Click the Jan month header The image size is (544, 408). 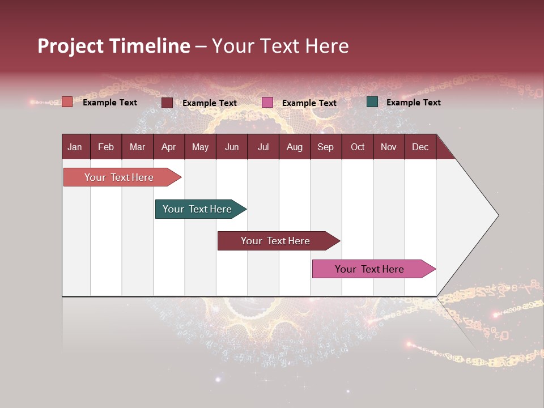coord(75,147)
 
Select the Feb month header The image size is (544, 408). coord(106,147)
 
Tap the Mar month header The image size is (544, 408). coord(137,147)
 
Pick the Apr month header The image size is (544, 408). coord(169,147)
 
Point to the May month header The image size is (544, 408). coord(200,147)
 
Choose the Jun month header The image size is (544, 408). coord(232,147)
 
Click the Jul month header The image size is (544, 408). coord(263,147)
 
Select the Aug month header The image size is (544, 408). coord(295,147)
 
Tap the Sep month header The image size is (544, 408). coord(326,147)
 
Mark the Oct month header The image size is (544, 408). coord(358,147)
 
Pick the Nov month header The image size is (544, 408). coord(389,147)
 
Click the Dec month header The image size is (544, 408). coord(420,147)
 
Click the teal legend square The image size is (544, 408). coord(372,102)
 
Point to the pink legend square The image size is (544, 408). coord(267,103)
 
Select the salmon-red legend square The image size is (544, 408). coord(67,102)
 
